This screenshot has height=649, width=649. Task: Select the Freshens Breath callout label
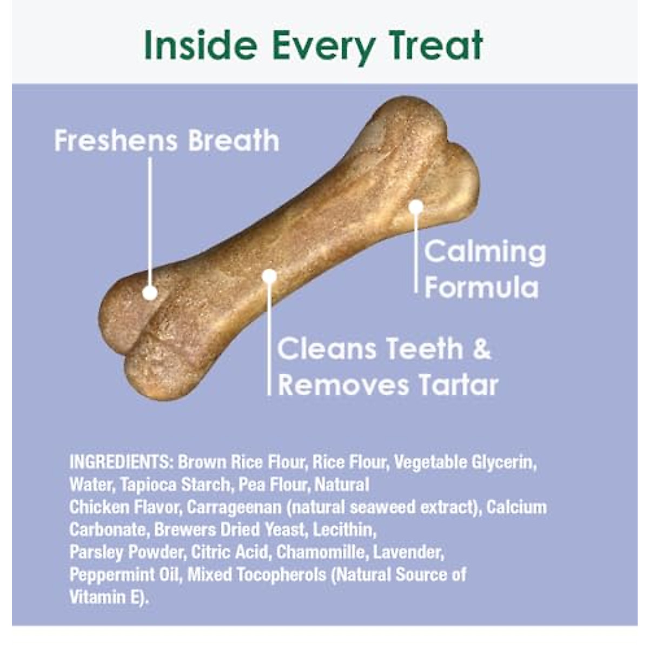(x=167, y=141)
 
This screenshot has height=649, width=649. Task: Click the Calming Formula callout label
(x=484, y=269)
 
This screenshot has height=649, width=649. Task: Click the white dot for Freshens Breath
(x=150, y=293)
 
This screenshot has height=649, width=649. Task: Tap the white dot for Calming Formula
(x=415, y=207)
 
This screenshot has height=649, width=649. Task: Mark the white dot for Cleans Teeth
(x=269, y=276)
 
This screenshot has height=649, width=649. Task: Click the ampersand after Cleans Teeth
(x=481, y=349)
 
